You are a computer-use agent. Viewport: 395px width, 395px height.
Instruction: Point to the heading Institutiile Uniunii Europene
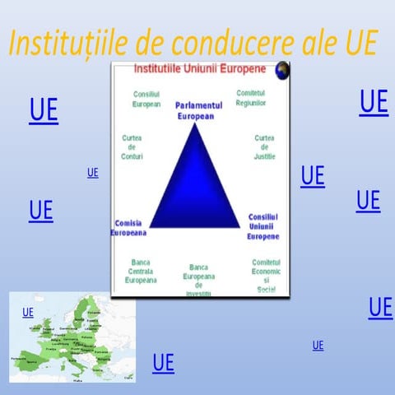193,67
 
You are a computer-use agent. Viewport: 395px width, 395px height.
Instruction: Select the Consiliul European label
146,100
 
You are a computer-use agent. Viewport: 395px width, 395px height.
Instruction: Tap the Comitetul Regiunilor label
251,98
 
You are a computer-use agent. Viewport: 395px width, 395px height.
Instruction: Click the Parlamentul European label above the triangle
198,111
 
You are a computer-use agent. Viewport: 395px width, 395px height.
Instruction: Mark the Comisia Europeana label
128,227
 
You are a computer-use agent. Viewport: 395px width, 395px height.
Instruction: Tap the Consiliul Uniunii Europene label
263,225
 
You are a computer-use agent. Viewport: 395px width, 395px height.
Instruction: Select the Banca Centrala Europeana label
140,272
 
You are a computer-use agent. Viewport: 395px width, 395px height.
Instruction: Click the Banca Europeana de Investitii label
198,280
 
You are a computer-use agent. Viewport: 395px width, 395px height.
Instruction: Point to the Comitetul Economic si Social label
266,276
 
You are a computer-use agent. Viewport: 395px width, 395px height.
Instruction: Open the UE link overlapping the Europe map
28,313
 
